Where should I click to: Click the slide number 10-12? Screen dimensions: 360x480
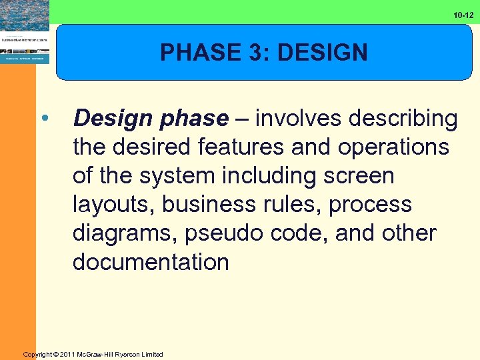pos(463,15)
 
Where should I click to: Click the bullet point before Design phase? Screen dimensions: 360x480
pos(44,119)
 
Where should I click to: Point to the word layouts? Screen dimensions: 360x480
pos(115,205)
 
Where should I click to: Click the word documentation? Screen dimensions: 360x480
pos(151,262)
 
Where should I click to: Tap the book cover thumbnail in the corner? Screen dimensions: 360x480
pos(24,32)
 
